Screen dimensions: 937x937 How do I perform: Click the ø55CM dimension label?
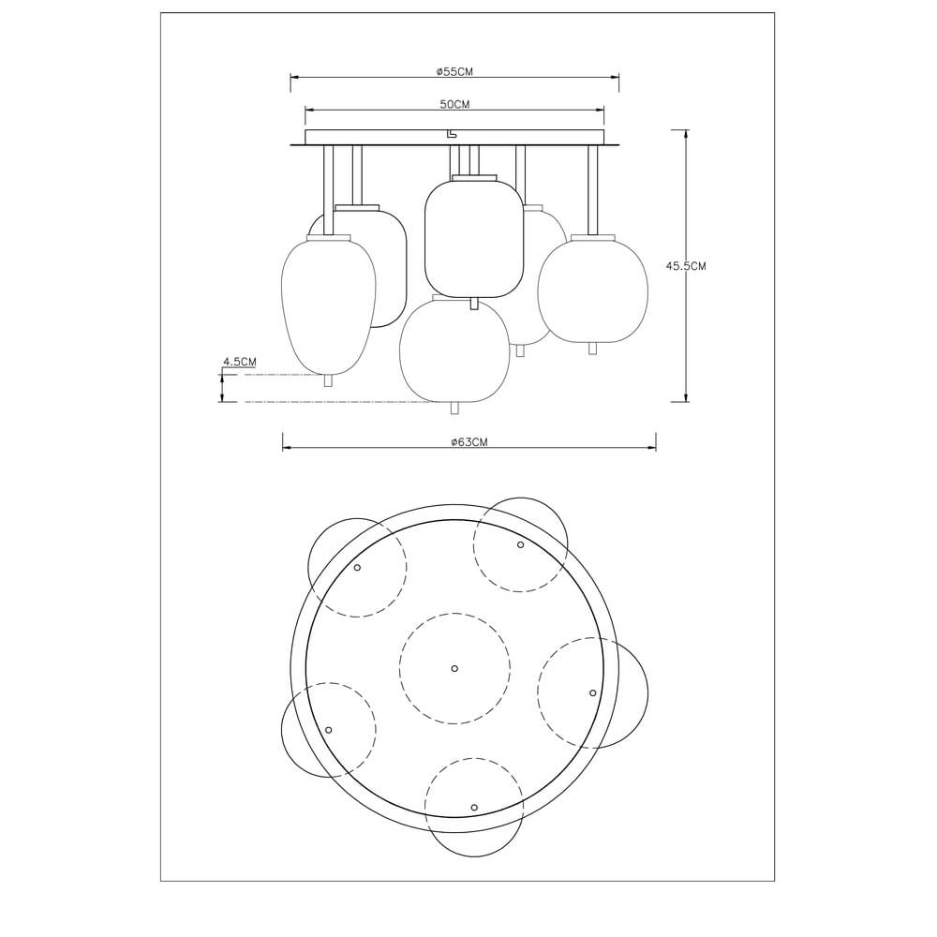pos(454,71)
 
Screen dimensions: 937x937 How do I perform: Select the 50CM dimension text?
pos(454,104)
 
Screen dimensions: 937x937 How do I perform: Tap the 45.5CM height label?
pos(686,266)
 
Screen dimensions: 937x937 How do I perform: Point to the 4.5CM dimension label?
pos(239,361)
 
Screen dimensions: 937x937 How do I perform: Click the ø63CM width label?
pos(468,442)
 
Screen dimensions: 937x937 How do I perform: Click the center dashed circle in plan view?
pos(454,668)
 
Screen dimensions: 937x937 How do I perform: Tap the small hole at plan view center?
pos(454,668)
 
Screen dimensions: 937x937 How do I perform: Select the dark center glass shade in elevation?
pos(473,239)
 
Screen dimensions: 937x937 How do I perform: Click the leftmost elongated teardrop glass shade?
pos(328,305)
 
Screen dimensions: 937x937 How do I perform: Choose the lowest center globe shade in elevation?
pos(454,349)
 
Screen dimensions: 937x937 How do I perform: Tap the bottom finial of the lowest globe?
pos(454,408)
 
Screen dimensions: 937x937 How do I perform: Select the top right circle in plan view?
pos(521,544)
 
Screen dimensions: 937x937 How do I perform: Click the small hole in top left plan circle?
pos(357,567)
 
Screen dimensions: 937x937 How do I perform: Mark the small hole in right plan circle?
pos(592,692)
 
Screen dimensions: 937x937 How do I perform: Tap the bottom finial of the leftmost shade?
pos(328,380)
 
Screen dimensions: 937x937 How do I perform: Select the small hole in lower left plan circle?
pos(329,729)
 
